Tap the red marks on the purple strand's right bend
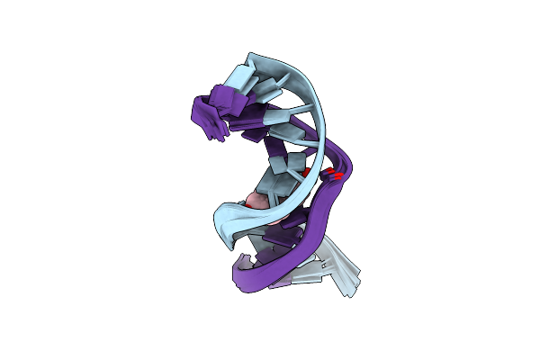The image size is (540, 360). point(335,175)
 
